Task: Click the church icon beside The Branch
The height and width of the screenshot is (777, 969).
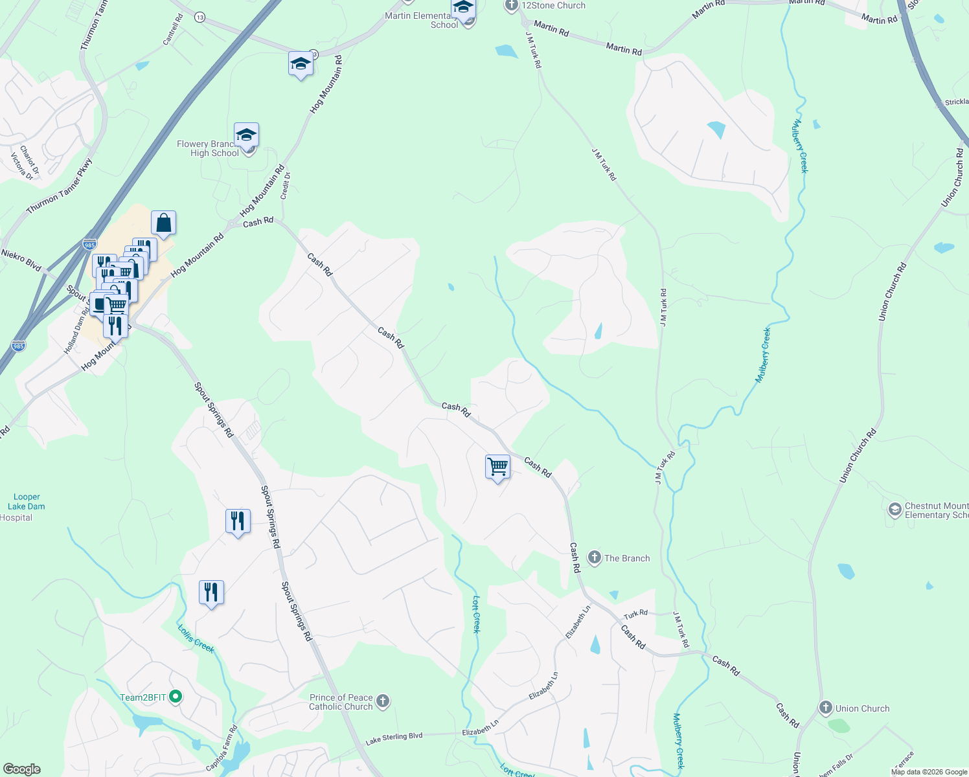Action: (595, 557)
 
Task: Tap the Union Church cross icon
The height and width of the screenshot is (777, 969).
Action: (825, 708)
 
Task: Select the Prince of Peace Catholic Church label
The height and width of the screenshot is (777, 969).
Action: (341, 702)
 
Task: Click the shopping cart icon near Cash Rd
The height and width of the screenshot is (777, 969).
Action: (497, 466)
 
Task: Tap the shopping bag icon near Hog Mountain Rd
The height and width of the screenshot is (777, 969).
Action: (164, 223)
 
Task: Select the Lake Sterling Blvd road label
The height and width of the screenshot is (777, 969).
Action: (394, 738)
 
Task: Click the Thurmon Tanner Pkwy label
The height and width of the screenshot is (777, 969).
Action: (60, 186)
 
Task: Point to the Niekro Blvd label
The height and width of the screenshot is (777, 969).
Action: (21, 260)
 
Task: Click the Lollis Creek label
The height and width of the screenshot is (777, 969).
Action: (196, 638)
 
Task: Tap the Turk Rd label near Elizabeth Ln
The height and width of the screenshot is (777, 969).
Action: (635, 614)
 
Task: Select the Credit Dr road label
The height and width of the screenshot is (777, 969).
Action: (286, 185)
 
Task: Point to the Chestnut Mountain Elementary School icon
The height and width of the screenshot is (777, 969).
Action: (895, 510)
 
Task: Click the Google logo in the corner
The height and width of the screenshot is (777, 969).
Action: (21, 769)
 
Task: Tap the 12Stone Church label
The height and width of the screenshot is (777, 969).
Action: (553, 5)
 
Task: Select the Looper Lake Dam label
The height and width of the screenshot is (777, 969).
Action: (27, 502)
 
